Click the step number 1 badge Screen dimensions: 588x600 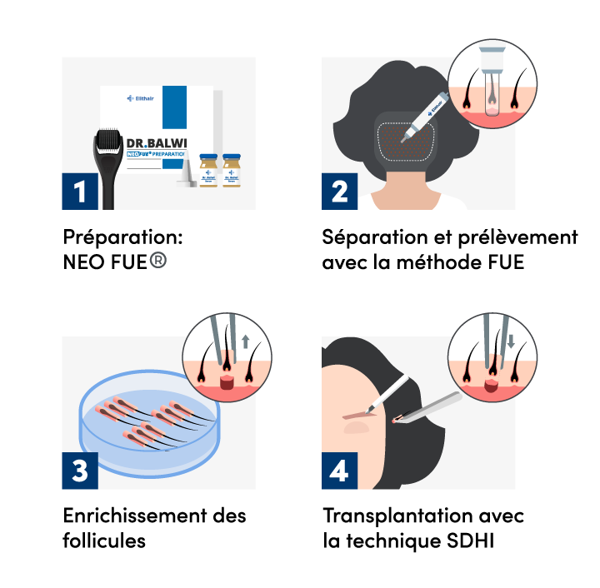(x=80, y=192)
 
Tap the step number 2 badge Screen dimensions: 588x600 (x=340, y=192)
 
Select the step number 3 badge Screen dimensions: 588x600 (x=80, y=471)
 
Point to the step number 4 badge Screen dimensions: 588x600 (x=340, y=471)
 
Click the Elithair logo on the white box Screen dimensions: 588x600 (x=142, y=98)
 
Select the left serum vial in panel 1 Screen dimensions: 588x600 (x=208, y=171)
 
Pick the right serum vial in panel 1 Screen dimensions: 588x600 (x=231, y=171)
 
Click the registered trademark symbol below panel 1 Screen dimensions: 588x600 (x=158, y=260)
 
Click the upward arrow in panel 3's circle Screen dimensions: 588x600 (x=244, y=341)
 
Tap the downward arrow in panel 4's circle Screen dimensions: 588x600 (x=510, y=341)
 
